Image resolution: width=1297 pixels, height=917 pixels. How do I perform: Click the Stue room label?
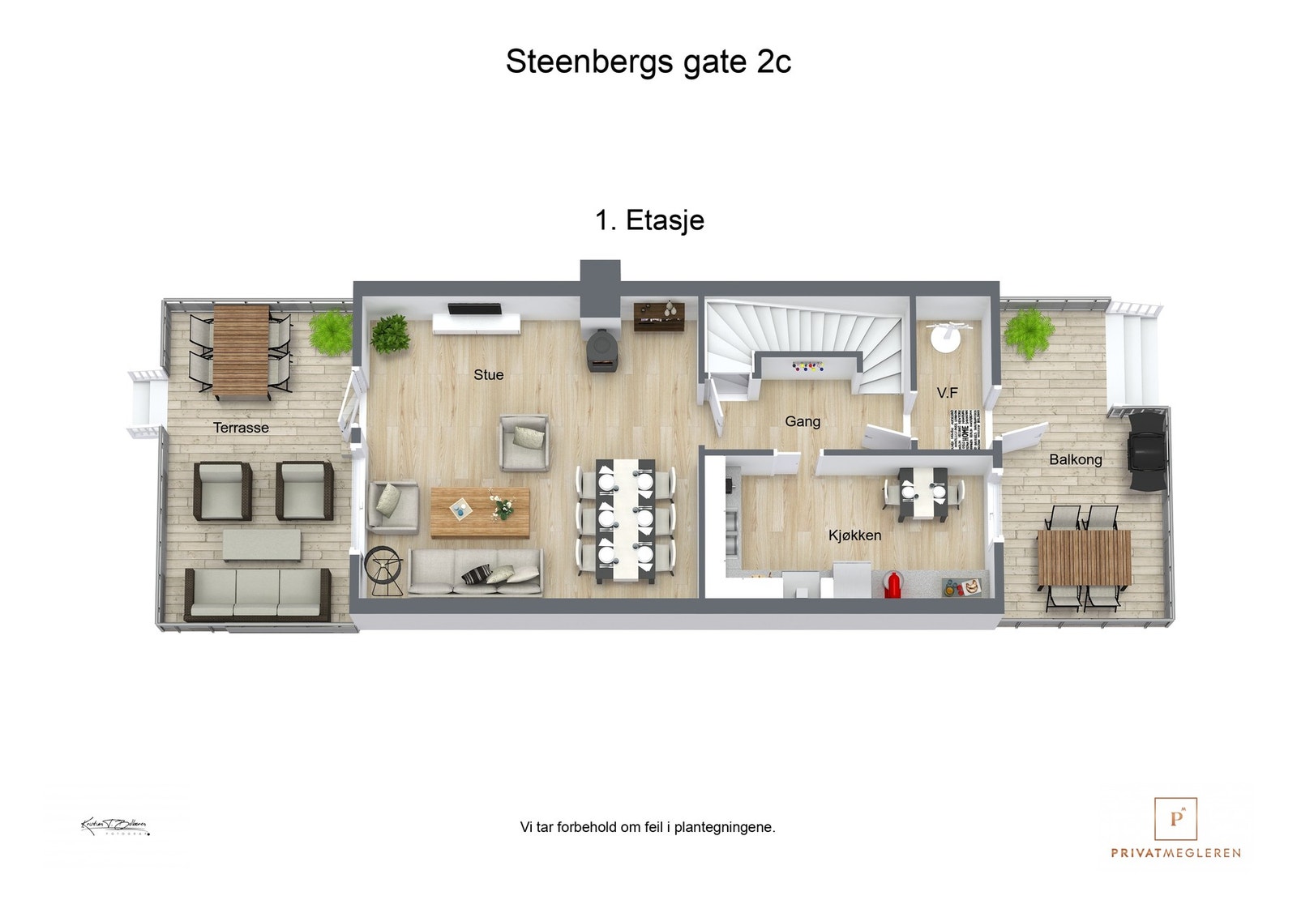pos(488,374)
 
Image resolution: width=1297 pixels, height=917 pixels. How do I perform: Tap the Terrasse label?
pos(241,428)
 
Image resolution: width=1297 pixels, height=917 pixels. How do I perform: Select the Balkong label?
pos(1075,459)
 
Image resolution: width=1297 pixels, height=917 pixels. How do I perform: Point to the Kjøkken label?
pos(854,535)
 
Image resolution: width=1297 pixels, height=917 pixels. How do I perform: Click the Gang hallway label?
pos(802,421)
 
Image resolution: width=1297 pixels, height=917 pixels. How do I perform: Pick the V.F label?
pos(947,393)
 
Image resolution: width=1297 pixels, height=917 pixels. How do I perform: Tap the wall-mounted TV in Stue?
pos(475,309)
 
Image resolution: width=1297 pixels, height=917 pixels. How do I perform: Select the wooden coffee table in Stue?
pos(480,512)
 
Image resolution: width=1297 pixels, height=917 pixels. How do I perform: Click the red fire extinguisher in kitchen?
pos(892,584)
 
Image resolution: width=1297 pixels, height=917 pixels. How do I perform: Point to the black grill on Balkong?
pos(1147,450)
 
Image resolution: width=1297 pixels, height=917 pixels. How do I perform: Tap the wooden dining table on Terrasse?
pos(241,350)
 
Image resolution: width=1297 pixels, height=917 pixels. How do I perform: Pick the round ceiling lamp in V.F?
pos(945,337)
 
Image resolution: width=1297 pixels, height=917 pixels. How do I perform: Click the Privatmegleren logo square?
pos(1175,819)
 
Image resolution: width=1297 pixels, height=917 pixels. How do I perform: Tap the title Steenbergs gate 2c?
pos(648,62)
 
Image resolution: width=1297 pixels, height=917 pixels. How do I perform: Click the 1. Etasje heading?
pos(649,220)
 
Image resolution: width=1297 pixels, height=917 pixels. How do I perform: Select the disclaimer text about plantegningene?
pos(647,827)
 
